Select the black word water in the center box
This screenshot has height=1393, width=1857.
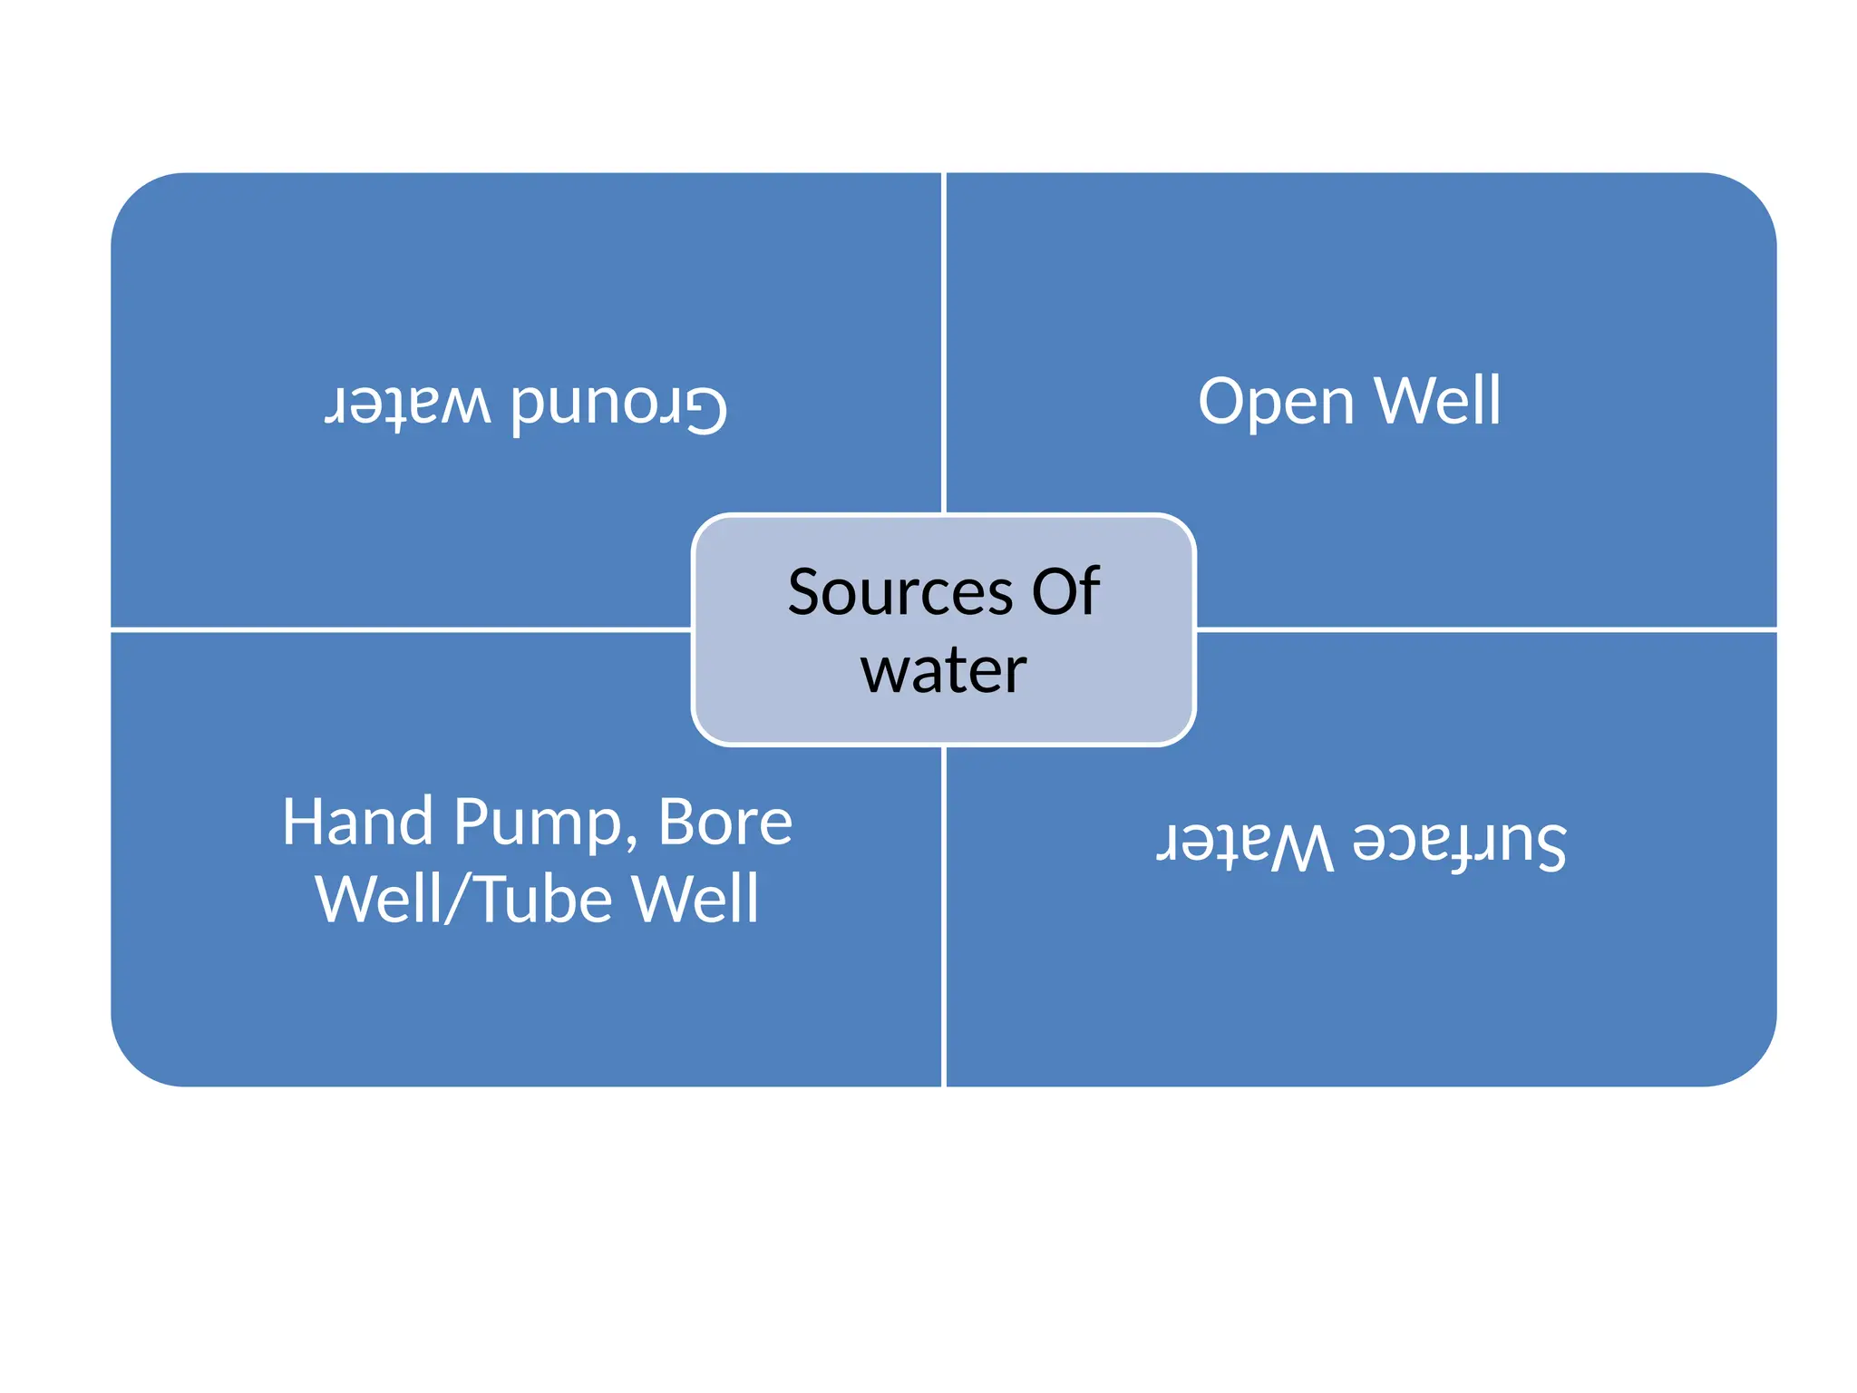click(944, 672)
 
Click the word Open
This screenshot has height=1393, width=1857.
click(1275, 403)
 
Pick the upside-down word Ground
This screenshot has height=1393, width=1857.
click(619, 405)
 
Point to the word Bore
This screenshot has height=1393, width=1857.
click(724, 823)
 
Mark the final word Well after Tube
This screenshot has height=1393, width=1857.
click(695, 900)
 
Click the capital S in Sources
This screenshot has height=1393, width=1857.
click(806, 593)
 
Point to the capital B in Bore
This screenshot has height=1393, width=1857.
click(677, 823)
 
